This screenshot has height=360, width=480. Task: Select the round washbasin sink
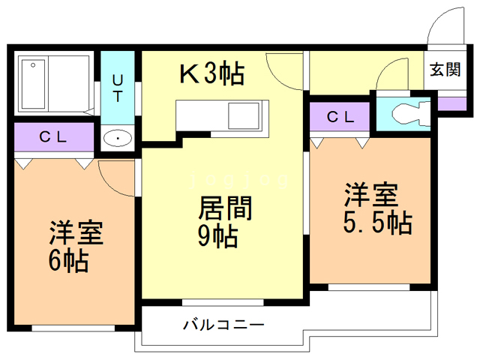coord(118,138)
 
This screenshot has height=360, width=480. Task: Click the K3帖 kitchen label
coord(211,73)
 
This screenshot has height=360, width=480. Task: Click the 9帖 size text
coord(218,236)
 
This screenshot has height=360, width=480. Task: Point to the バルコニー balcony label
coord(223,325)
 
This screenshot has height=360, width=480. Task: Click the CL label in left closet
coord(54,137)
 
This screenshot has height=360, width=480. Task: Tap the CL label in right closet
coord(340,116)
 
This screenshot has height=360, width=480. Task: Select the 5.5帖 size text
coord(379,223)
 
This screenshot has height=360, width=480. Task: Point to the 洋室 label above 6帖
coord(76,232)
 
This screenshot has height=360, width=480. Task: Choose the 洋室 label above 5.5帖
coord(370,195)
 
